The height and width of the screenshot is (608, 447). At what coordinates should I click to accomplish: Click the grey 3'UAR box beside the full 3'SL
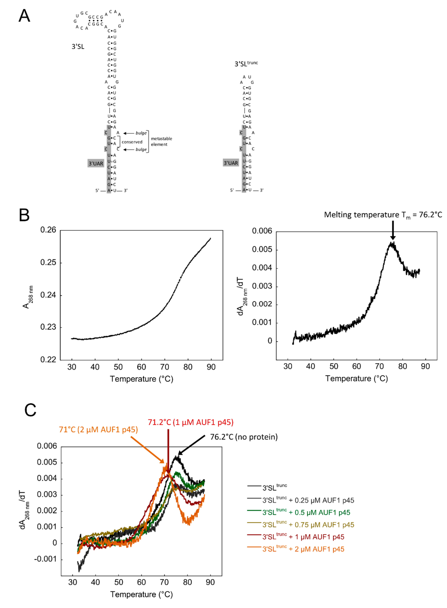96,163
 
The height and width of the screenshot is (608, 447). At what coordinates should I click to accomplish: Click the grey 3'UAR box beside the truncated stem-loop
231,163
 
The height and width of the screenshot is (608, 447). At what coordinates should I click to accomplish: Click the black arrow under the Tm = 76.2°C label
393,230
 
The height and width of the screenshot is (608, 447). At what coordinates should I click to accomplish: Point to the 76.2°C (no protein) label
244,437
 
